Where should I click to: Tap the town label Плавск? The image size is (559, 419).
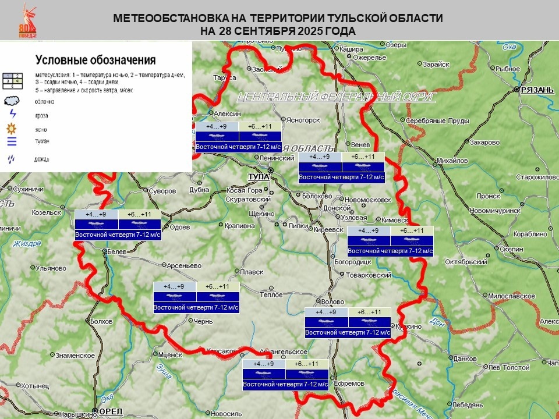[x=252, y=272]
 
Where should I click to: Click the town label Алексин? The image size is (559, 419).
[x=228, y=114]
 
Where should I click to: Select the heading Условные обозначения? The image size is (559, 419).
[x=95, y=59]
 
